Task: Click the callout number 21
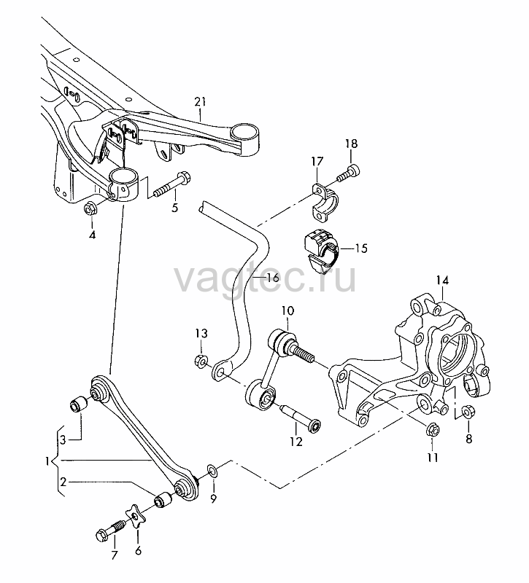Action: [200, 101]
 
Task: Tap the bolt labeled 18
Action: [349, 173]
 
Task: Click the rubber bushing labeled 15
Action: [320, 250]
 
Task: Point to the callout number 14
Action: [442, 281]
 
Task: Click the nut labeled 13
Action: [201, 360]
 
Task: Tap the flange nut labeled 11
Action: [432, 429]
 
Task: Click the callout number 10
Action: [287, 310]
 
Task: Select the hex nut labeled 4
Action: [90, 208]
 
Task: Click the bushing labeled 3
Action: [79, 404]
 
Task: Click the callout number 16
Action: [273, 278]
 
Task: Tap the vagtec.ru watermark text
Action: [265, 278]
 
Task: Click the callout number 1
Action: [47, 461]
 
